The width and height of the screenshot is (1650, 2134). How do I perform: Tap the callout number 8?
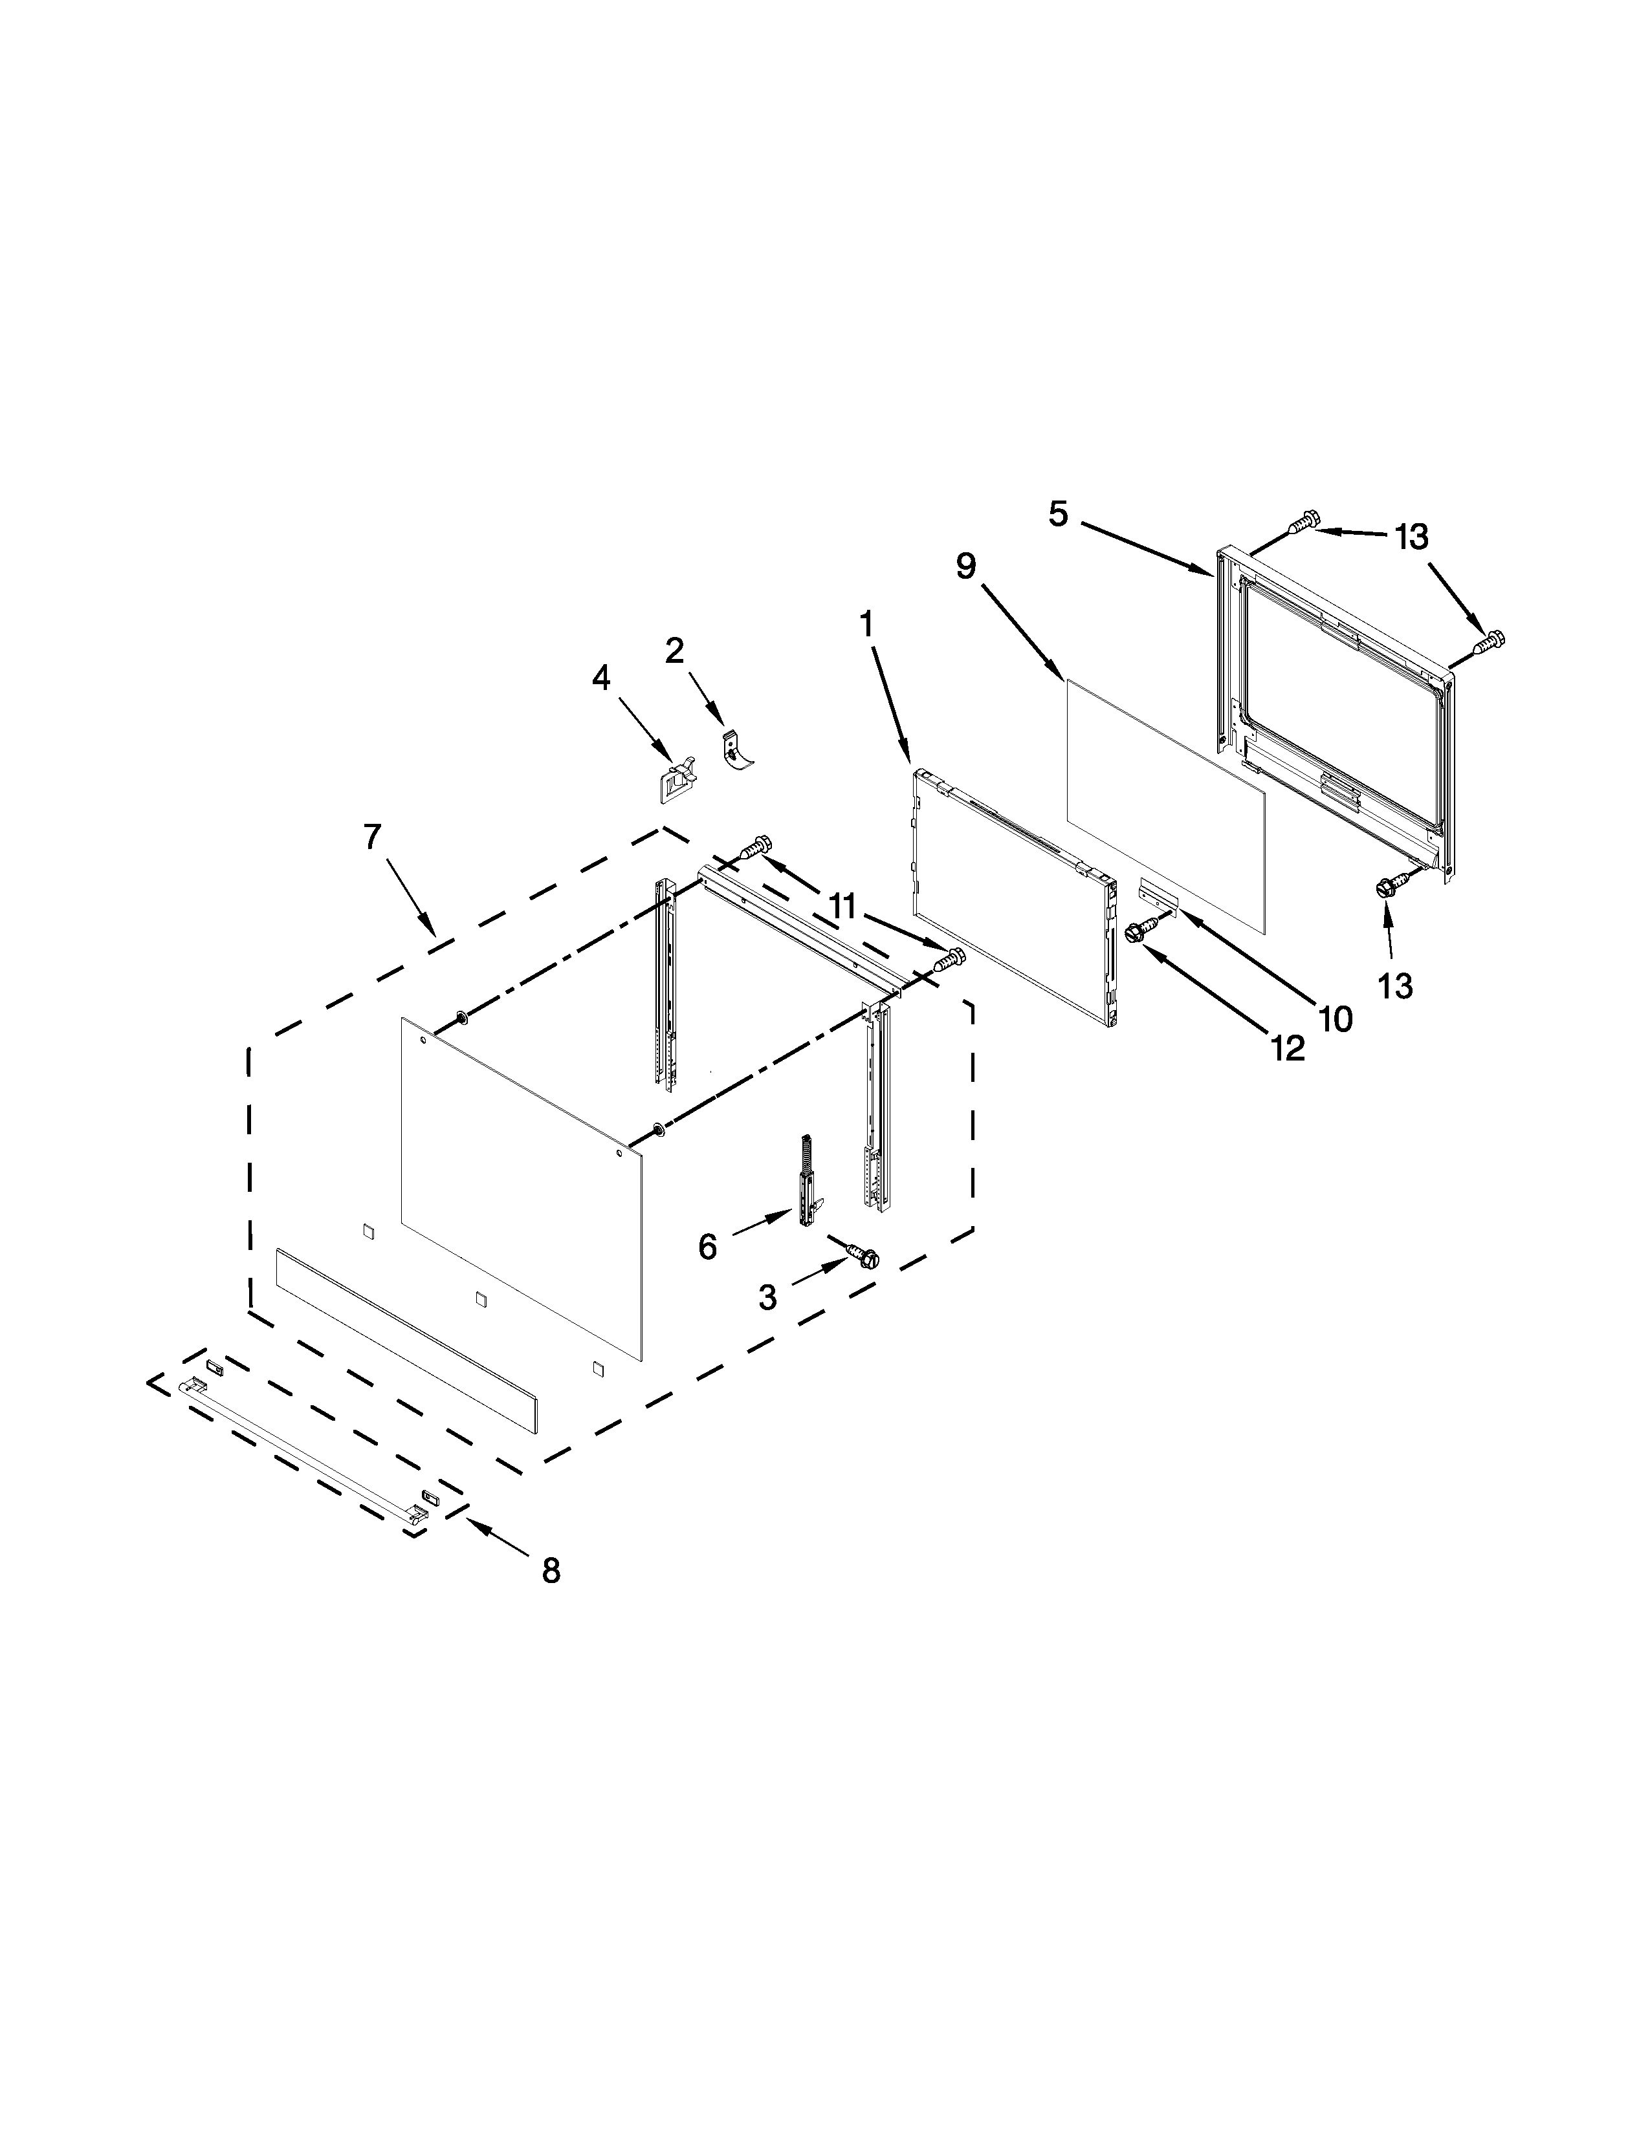coord(551,1570)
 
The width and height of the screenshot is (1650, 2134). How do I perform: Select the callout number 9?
coord(966,566)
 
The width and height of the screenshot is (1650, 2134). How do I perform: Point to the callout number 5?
coord(1059,514)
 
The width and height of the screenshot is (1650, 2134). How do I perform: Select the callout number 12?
coord(1288,1048)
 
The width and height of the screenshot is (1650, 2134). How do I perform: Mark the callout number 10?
coord(1336,1019)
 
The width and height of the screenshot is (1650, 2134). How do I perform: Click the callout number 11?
coord(842,907)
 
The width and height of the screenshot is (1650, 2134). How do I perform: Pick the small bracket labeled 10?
coord(1160,890)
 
